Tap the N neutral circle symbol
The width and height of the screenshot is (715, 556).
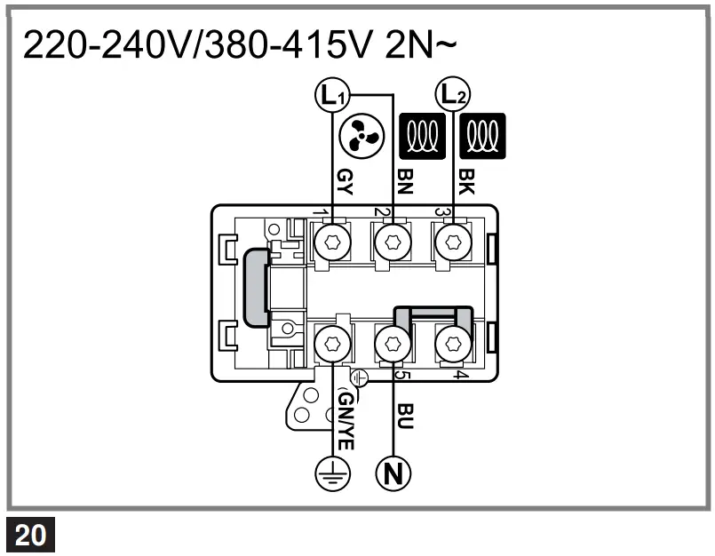point(393,473)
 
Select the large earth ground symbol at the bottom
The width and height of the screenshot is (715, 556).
point(334,473)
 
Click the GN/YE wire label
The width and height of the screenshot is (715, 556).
point(346,421)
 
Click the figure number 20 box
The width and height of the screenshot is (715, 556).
point(32,536)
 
